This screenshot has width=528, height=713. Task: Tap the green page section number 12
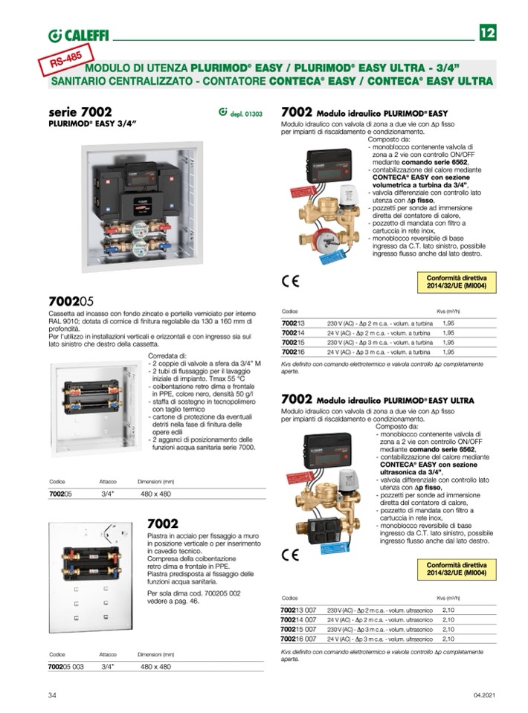click(x=488, y=33)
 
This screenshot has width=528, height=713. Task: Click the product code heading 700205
click(x=71, y=302)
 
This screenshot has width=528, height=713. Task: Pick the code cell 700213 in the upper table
click(x=293, y=323)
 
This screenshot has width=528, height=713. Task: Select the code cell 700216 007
click(x=298, y=638)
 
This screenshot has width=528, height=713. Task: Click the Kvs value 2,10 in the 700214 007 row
click(x=449, y=619)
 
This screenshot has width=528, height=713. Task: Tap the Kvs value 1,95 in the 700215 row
click(x=448, y=342)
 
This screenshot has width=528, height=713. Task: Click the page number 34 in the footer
click(x=53, y=695)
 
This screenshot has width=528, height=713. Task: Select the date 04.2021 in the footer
click(x=483, y=695)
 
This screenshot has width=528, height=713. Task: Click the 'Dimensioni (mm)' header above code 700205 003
click(x=156, y=654)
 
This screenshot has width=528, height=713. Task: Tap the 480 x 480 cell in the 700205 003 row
click(x=155, y=667)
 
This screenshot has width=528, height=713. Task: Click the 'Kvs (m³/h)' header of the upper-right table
click(x=448, y=311)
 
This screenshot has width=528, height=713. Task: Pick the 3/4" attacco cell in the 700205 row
click(x=107, y=493)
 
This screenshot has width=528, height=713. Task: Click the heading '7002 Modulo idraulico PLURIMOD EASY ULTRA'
click(x=378, y=399)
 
